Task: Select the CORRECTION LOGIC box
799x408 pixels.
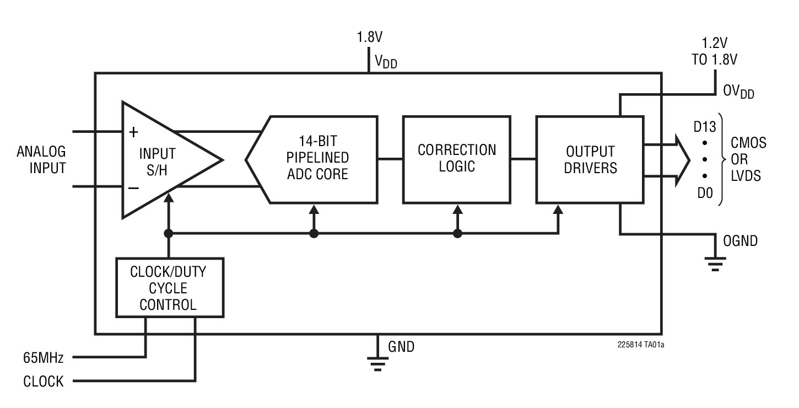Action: coord(457,159)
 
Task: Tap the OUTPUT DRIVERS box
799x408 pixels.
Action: coord(591,159)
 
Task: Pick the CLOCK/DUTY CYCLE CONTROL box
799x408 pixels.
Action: coord(169,288)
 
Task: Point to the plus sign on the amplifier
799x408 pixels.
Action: coord(133,133)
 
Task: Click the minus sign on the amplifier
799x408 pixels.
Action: coord(133,187)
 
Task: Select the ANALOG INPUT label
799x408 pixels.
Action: coord(41,160)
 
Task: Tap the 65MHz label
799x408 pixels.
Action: coord(44,358)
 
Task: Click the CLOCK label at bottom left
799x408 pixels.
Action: coord(44,382)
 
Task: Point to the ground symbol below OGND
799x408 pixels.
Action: coord(716,265)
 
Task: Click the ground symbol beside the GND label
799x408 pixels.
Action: coord(377,363)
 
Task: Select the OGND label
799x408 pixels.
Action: coord(740,241)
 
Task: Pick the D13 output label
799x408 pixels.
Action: coord(705,128)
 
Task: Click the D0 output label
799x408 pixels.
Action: coord(705,194)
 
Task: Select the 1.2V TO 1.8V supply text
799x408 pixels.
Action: coord(714,51)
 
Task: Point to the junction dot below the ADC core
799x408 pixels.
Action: coord(314,234)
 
